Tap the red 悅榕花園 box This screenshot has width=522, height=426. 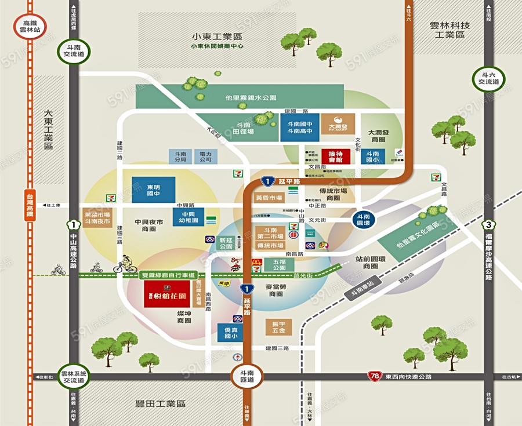tap(167, 295)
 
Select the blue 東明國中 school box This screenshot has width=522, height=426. tap(153, 190)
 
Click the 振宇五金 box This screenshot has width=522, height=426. tap(278, 327)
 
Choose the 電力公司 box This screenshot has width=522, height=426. tap(205, 156)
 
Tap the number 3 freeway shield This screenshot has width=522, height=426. tap(489, 224)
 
